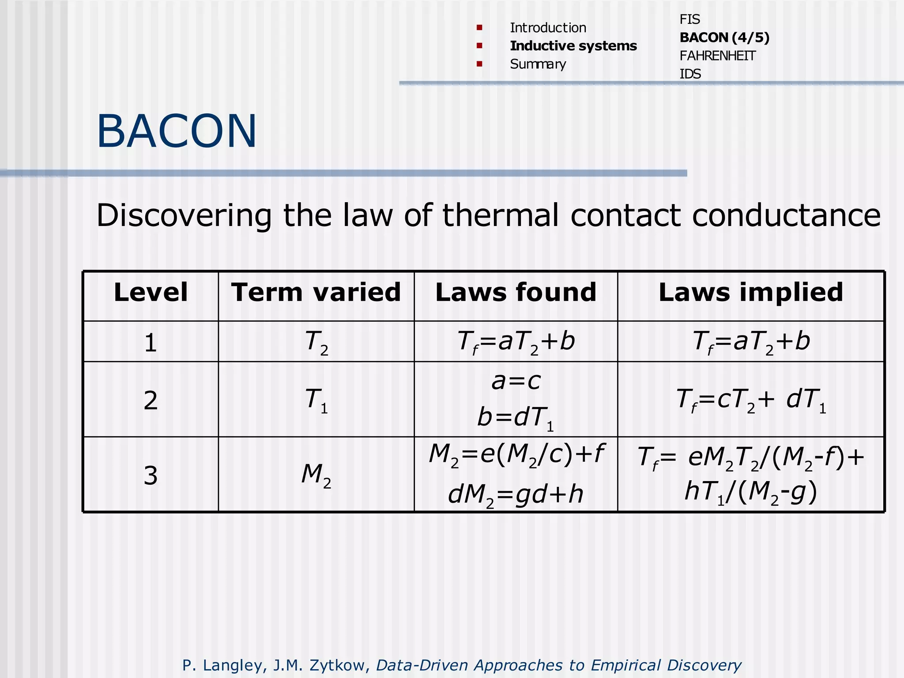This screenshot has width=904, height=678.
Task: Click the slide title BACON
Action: tap(177, 131)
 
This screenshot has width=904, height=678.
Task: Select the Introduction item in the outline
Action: tap(548, 28)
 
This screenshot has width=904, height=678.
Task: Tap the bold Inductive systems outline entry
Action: tap(573, 46)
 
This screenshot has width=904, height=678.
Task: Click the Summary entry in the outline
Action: tap(538, 64)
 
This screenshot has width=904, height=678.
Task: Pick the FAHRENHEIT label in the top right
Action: tap(717, 56)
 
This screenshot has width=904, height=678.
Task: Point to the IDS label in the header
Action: tap(690, 74)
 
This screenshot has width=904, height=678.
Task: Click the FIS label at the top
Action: tap(689, 19)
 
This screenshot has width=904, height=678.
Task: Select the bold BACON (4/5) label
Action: tap(724, 38)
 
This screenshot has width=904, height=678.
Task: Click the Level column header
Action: tap(151, 292)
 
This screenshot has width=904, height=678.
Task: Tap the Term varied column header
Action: tap(316, 292)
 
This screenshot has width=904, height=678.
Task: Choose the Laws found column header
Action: tap(516, 292)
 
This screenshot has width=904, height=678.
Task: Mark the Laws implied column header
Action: tap(750, 292)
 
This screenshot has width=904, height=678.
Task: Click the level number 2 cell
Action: tap(151, 400)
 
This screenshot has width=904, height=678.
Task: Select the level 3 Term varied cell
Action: tap(316, 475)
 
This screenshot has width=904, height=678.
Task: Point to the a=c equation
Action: tap(516, 380)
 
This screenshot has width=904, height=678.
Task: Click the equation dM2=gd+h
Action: tap(516, 494)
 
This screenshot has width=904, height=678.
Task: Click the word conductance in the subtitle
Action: tap(786, 215)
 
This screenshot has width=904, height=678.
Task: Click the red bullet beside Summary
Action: tap(479, 64)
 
